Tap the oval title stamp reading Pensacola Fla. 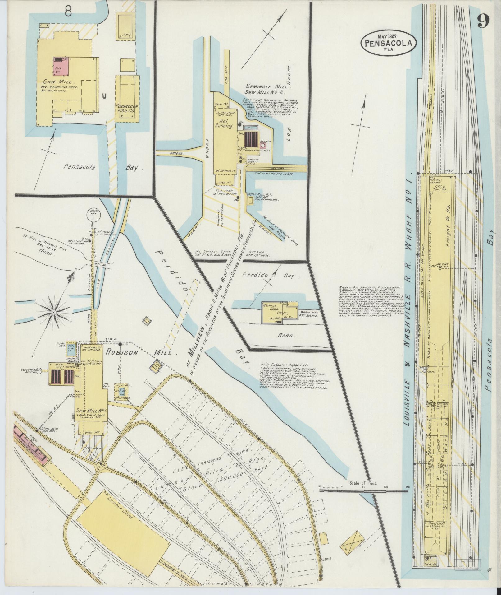pyautogui.click(x=388, y=43)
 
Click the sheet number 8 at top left pyautogui.click(x=69, y=13)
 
